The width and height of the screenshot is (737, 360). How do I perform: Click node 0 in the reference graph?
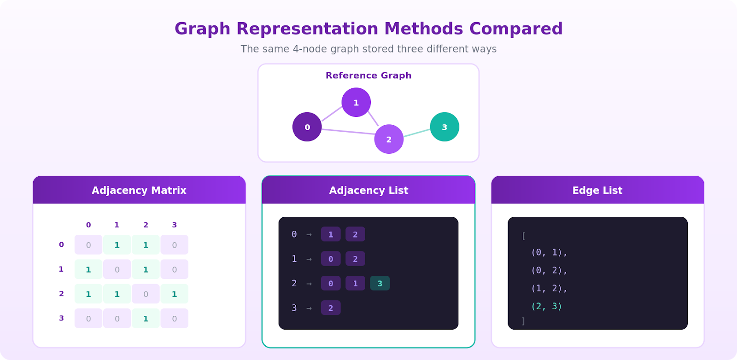[x=307, y=127]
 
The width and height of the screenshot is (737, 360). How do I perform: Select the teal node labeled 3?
[x=445, y=127]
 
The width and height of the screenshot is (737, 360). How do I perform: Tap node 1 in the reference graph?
[x=356, y=102]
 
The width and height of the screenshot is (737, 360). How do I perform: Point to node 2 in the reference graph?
[x=389, y=139]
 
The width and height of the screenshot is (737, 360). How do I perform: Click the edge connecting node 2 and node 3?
[x=417, y=133]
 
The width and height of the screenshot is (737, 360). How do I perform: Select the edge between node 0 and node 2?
[x=348, y=132]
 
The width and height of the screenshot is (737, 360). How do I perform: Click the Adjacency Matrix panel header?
[x=139, y=190]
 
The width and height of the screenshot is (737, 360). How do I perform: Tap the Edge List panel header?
[x=597, y=190]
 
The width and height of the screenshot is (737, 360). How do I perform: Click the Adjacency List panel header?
[x=368, y=190]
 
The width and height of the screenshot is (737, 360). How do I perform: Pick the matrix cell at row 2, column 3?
[x=174, y=294]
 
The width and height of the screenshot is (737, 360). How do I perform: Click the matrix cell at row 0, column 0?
[x=88, y=245]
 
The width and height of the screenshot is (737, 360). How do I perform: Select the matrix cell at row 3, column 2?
[x=146, y=319]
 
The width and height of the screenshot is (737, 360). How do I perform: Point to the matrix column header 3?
[x=174, y=225]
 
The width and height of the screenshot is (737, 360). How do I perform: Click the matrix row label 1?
[x=61, y=269]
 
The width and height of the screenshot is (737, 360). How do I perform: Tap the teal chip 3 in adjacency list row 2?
[x=380, y=283]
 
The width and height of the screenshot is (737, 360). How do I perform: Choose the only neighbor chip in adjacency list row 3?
[x=331, y=308]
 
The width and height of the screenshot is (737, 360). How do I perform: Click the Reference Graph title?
[x=368, y=75]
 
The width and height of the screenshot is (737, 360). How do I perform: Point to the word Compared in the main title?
[x=516, y=29]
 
